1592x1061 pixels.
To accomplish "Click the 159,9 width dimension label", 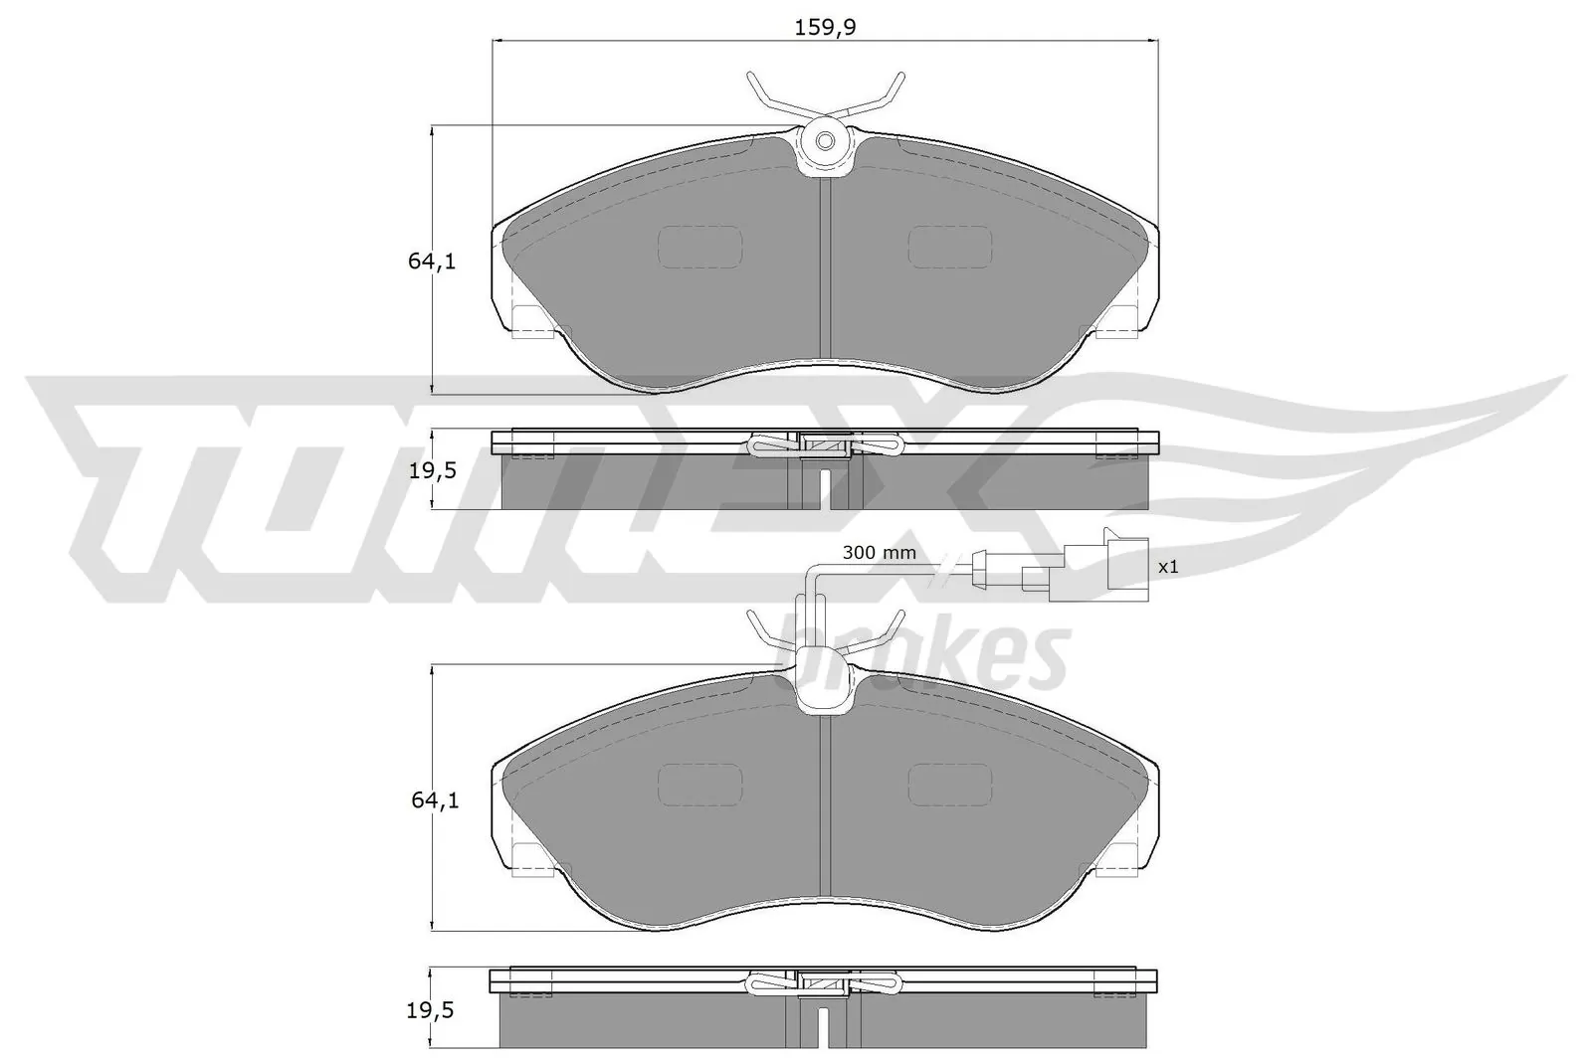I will [825, 28].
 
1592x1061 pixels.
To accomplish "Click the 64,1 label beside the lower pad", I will [433, 799].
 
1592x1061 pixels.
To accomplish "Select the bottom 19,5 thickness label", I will [431, 1011].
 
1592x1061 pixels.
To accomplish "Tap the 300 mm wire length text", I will [879, 552].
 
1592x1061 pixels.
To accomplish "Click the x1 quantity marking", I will [1168, 567].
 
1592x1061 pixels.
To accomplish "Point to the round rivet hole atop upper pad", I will [825, 141].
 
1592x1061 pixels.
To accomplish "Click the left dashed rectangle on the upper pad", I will [700, 246].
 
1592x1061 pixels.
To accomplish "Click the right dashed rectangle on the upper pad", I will [950, 246].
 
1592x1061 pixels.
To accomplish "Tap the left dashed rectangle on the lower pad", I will [700, 784].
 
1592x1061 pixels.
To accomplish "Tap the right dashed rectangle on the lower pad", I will [950, 784].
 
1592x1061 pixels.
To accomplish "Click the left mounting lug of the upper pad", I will [529, 319].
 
